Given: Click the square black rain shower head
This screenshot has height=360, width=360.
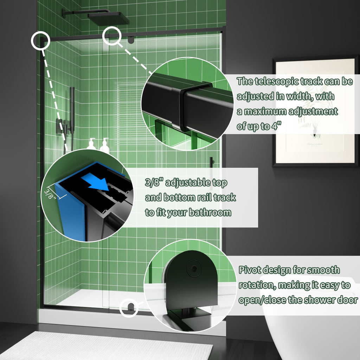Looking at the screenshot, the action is pos(108,19).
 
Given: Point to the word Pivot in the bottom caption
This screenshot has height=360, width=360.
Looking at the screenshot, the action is pos(250,270).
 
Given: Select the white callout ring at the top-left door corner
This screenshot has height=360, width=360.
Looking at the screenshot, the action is pos(41,40).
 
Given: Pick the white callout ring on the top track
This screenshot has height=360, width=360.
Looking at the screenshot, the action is pos(111,36).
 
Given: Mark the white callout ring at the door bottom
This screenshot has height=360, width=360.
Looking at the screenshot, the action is pos(129,308).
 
